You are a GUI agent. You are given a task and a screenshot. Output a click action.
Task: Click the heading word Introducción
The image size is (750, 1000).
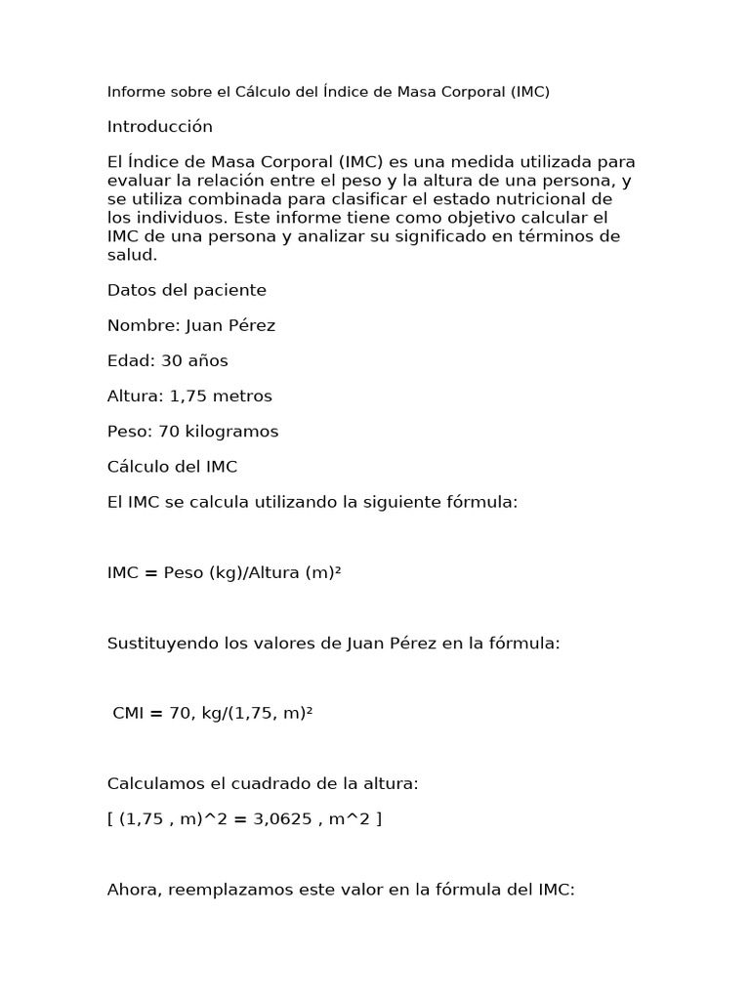pyautogui.click(x=159, y=127)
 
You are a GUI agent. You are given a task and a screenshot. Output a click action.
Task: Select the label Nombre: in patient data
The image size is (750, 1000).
pyautogui.click(x=143, y=325)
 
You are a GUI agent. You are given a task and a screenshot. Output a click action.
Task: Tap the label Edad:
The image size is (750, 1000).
pyautogui.click(x=131, y=360)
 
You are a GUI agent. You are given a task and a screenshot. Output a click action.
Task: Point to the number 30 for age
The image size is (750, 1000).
pyautogui.click(x=172, y=360)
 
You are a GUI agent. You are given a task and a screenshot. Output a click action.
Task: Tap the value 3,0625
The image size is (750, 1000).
pyautogui.click(x=281, y=818)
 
